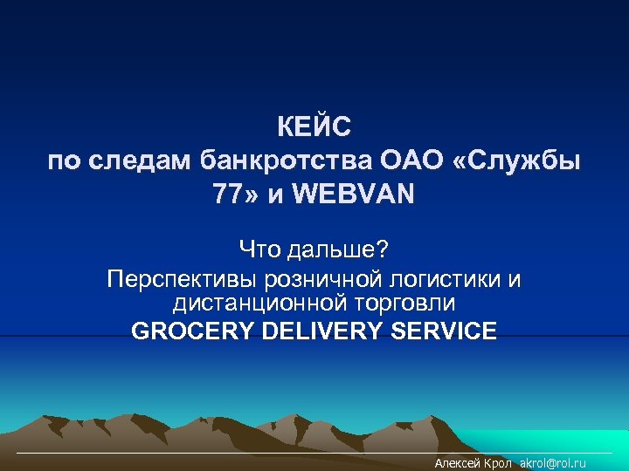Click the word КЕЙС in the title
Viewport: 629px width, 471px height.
coord(314,128)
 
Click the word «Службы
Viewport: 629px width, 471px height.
coord(515,160)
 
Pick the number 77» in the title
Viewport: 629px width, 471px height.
coord(236,194)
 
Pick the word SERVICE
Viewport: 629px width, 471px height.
coord(446,331)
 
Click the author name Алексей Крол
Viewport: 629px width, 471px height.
coord(473,463)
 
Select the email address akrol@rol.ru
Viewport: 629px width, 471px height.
coord(553,463)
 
